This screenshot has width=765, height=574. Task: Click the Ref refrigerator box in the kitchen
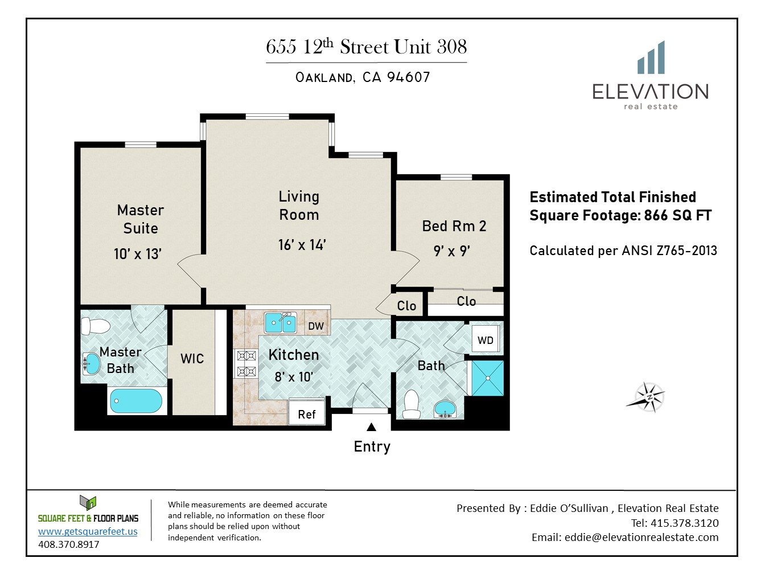(x=307, y=412)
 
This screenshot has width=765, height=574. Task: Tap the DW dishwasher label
(x=316, y=326)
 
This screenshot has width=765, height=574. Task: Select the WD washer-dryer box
(x=486, y=339)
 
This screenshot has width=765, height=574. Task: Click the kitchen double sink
(x=280, y=323)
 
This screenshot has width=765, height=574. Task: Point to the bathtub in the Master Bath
(x=136, y=401)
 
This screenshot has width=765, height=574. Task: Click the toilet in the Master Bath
(x=96, y=326)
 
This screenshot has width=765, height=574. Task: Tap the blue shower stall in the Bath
(x=488, y=378)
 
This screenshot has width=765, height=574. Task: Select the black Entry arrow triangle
(x=372, y=427)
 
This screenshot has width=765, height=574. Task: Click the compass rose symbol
(x=647, y=397)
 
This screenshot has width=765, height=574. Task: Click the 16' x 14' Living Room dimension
(x=302, y=245)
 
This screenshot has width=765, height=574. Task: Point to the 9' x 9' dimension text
(x=452, y=251)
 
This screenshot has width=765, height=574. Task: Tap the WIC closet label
(x=192, y=359)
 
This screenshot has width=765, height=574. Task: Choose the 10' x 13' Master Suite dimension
(x=138, y=254)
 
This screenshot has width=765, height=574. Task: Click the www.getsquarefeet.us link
(x=88, y=531)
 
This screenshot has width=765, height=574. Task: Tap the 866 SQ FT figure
(x=678, y=215)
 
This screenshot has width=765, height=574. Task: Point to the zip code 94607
(x=409, y=77)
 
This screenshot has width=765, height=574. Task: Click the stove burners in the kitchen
(x=246, y=364)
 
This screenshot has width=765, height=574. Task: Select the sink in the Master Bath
(x=92, y=364)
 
